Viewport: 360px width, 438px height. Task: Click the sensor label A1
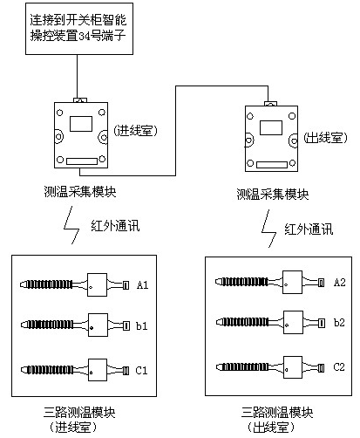[x=142, y=284]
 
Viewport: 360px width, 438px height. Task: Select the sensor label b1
[x=142, y=325]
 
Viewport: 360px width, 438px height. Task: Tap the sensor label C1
[x=141, y=370]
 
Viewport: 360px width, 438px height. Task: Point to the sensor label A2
[x=339, y=282]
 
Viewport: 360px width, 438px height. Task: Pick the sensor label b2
[x=339, y=322]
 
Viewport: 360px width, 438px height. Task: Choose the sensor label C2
[x=339, y=367]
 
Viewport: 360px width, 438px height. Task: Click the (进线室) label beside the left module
[x=135, y=131]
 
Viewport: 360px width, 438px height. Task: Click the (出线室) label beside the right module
[x=325, y=137]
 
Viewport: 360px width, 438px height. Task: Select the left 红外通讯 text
[x=115, y=226]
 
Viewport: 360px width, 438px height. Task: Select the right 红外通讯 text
[x=309, y=229]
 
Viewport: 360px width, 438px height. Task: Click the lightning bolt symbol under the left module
[x=71, y=225]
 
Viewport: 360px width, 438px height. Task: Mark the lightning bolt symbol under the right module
[x=268, y=229]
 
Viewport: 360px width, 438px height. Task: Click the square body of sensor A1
[x=98, y=284]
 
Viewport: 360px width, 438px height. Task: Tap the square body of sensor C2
[x=293, y=367]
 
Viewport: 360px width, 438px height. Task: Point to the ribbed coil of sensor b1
[x=50, y=325]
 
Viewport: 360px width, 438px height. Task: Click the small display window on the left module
[x=81, y=124]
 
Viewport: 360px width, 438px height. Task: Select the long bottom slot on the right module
[x=272, y=165]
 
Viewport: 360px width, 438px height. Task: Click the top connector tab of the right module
[x=270, y=104]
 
